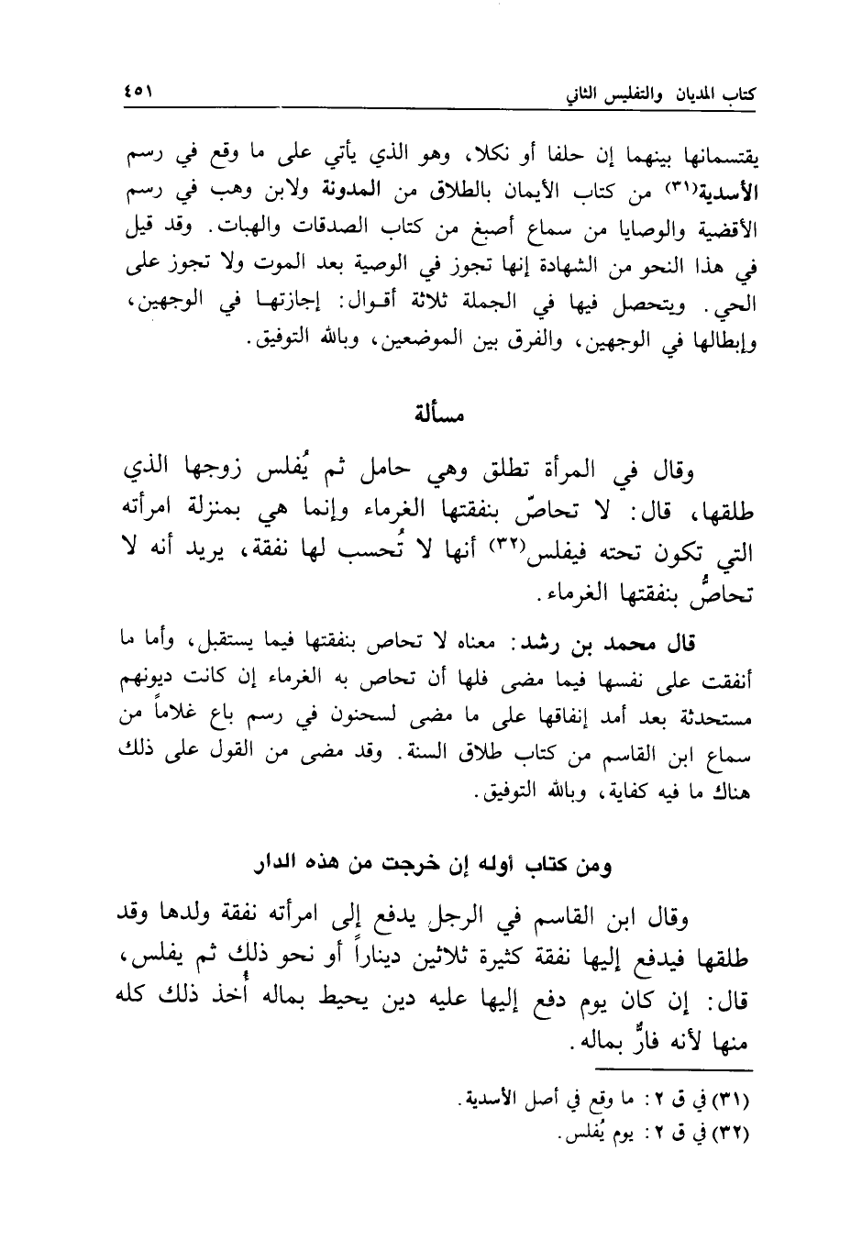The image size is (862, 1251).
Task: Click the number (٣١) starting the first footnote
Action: pos(732,1099)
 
